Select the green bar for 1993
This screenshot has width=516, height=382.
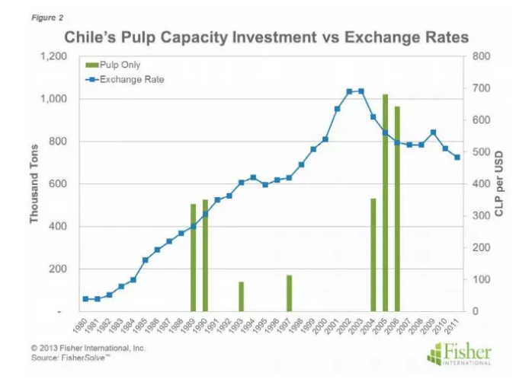click(x=241, y=297)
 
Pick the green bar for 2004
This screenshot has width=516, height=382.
click(x=373, y=255)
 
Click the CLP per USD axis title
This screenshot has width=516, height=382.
click(x=499, y=184)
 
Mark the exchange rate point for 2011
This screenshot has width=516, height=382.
click(x=457, y=158)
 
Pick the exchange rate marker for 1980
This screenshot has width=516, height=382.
click(x=85, y=299)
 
